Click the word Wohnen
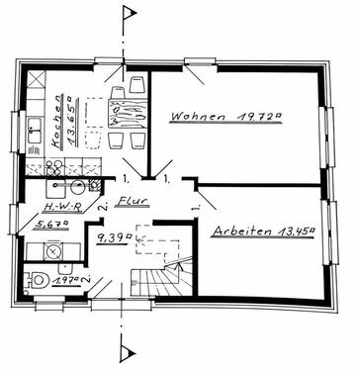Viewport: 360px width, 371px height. pyautogui.click(x=199, y=117)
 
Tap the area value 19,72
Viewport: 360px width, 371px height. pyautogui.click(x=260, y=116)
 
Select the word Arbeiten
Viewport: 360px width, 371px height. pyautogui.click(x=242, y=231)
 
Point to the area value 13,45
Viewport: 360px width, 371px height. pyautogui.click(x=296, y=232)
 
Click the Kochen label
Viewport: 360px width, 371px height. pyautogui.click(x=57, y=122)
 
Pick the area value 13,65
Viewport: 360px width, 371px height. pyautogui.click(x=73, y=121)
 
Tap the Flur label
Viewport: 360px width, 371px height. pyautogui.click(x=132, y=201)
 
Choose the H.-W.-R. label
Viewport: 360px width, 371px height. pyautogui.click(x=62, y=207)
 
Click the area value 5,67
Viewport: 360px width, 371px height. pyautogui.click(x=52, y=225)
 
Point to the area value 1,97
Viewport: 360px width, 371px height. pyautogui.click(x=67, y=281)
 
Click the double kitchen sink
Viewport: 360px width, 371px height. pyautogui.click(x=35, y=131)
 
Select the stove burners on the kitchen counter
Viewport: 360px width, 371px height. pyautogui.click(x=54, y=167)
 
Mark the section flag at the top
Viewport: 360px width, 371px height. pyautogui.click(x=130, y=13)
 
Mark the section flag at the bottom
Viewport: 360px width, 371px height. pyautogui.click(x=128, y=354)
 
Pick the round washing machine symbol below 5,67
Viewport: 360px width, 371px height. pyautogui.click(x=52, y=252)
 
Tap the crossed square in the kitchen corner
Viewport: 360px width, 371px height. pyautogui.click(x=36, y=79)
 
